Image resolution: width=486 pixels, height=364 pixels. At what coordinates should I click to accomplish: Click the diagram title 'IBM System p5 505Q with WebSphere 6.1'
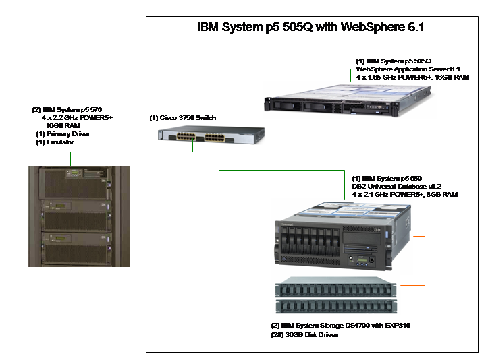310,28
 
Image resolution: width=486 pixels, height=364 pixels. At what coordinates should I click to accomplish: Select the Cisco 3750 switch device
192,138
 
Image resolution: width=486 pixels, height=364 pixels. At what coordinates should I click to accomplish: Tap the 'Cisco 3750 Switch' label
182,118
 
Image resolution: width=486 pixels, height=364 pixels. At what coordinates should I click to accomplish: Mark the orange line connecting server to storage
424,263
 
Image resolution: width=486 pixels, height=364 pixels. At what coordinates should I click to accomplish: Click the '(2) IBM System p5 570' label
67,109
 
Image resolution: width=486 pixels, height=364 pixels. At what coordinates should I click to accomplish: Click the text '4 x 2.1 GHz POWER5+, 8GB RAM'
405,194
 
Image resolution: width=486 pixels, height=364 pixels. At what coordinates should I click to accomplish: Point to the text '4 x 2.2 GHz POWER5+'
77,117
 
